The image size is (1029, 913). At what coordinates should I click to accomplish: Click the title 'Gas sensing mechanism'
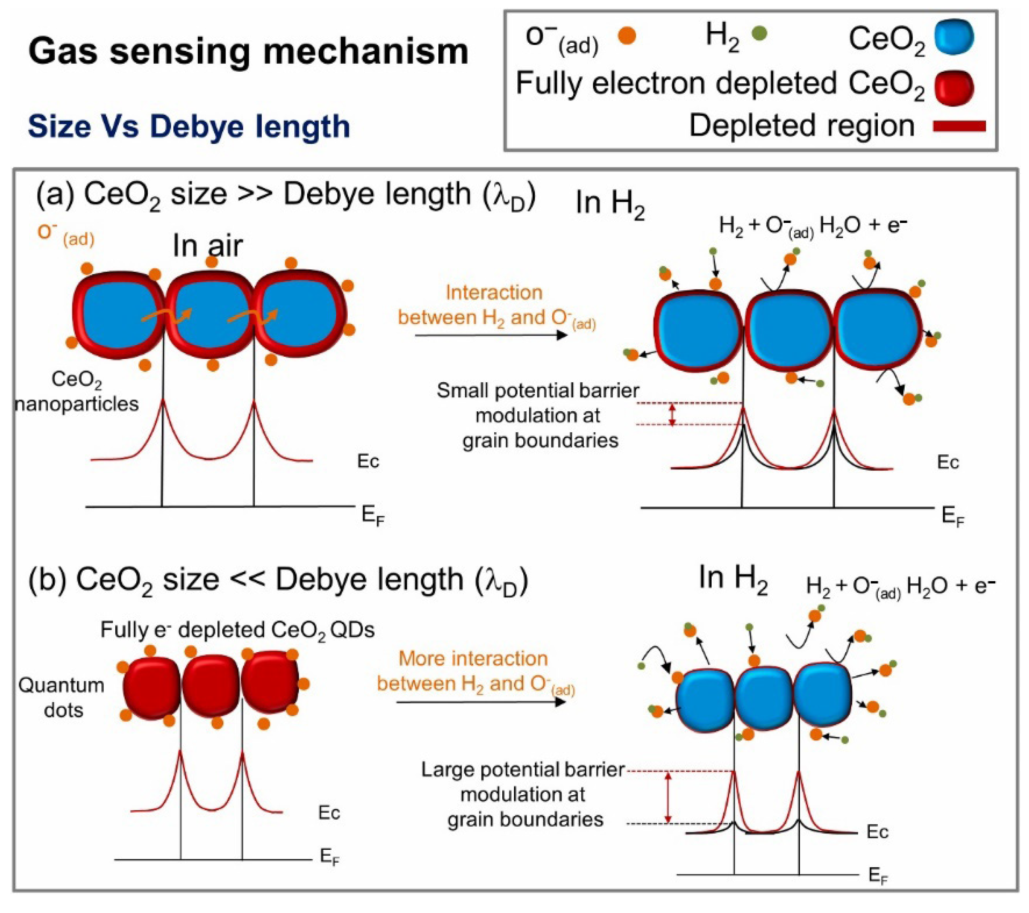[248, 51]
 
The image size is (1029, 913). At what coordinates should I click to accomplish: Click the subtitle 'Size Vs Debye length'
[189, 126]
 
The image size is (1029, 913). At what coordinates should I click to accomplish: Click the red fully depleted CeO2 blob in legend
[953, 87]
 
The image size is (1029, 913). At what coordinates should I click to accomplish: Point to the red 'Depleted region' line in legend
[959, 126]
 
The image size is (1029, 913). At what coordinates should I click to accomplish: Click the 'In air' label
[208, 246]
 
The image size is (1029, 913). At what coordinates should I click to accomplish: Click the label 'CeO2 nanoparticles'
[76, 391]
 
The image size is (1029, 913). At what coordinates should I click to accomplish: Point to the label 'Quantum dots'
[62, 697]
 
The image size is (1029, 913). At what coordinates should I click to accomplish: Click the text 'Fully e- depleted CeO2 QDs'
[237, 629]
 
